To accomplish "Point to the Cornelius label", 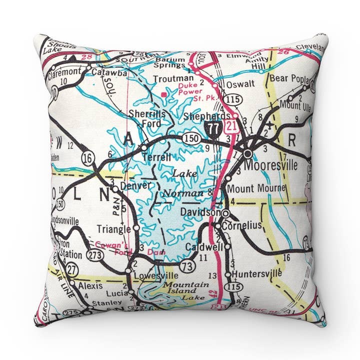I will pyautogui.click(x=242, y=226).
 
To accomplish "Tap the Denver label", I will pyautogui.click(x=135, y=185).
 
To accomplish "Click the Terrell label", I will pyautogui.click(x=157, y=157).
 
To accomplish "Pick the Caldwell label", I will pyautogui.click(x=203, y=247).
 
